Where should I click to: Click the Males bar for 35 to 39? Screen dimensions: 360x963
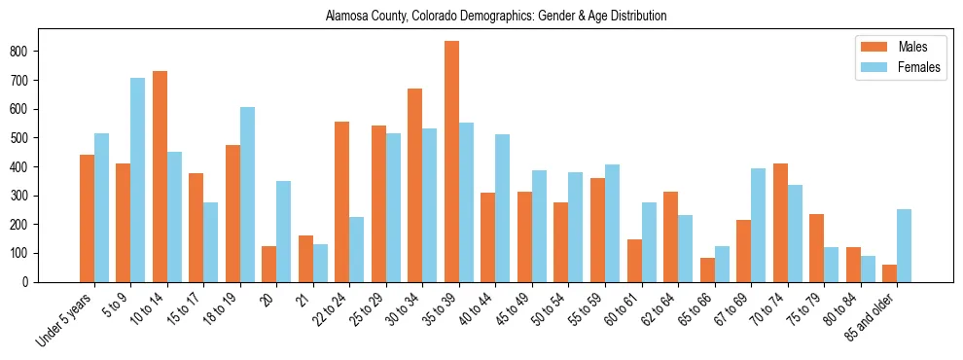pos(451,162)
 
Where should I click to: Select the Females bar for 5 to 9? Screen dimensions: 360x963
pos(137,180)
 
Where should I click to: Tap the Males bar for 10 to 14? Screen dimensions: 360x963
pos(160,176)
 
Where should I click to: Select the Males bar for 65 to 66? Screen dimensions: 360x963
pos(707,270)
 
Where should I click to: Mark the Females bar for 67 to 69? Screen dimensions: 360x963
pos(758,225)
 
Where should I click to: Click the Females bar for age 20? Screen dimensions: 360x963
pos(284,232)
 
